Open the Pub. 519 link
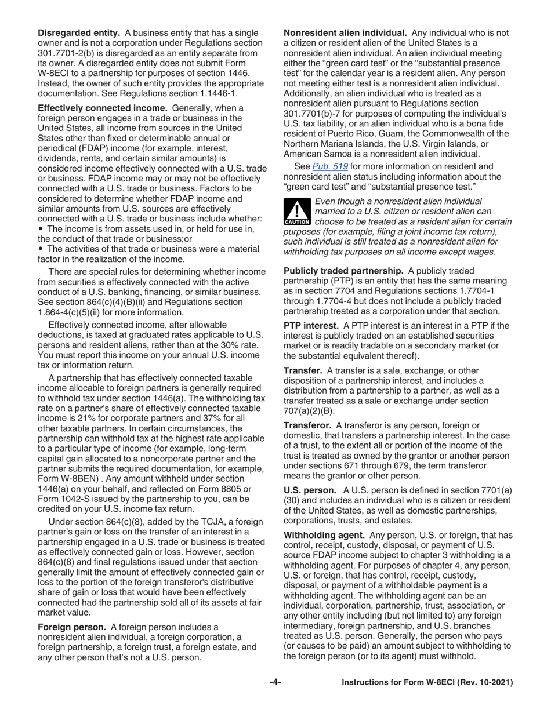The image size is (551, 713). [328, 167]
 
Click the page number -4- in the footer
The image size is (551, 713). [275, 682]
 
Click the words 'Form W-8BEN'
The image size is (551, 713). [64, 468]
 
